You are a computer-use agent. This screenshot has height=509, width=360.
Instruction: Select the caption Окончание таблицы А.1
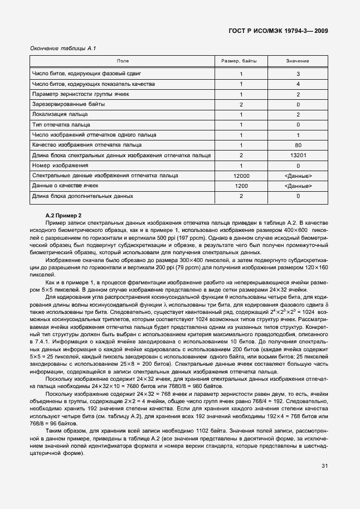[63, 49]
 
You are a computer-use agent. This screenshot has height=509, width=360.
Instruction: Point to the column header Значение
[298, 61]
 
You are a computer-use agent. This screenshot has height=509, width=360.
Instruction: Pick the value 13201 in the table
[298, 156]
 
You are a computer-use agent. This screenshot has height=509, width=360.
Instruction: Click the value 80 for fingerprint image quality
[298, 146]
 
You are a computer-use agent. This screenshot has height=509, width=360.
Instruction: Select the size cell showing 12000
[241, 176]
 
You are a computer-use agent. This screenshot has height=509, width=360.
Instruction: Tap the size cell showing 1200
[241, 186]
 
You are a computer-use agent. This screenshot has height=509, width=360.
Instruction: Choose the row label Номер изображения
[58, 166]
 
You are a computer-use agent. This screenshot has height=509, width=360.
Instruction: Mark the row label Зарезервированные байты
[69, 105]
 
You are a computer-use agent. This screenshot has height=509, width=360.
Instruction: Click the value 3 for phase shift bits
[298, 74]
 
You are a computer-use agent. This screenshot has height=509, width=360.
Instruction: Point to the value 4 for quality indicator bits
[298, 84]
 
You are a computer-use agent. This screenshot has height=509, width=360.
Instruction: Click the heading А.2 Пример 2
[64, 215]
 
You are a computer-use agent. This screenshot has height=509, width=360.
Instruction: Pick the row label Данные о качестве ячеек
[65, 186]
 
